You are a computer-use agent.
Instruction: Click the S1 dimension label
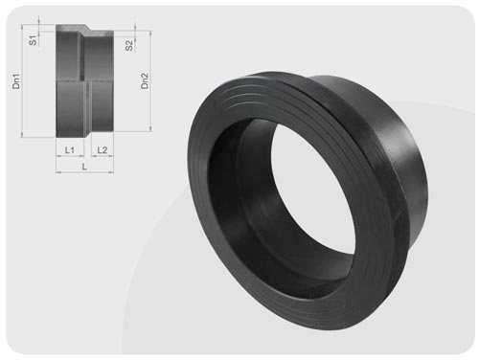pyautogui.click(x=33, y=40)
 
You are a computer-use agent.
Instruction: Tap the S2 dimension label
pyautogui.click(x=129, y=45)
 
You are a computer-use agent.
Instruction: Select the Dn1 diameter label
pyautogui.click(x=16, y=81)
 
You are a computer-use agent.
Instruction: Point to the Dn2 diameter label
pyautogui.click(x=145, y=81)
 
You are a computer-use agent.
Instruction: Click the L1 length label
pyautogui.click(x=70, y=149)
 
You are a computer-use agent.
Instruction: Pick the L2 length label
pyautogui.click(x=103, y=149)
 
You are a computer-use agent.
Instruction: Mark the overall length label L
pyautogui.click(x=84, y=167)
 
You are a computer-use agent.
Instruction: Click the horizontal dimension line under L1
pyautogui.click(x=70, y=156)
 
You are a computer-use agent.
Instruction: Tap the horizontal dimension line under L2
pyautogui.click(x=103, y=156)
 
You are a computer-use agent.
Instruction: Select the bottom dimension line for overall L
pyautogui.click(x=85, y=172)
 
